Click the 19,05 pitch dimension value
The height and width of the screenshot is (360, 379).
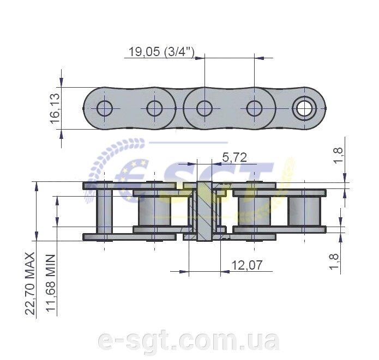coord(143,52)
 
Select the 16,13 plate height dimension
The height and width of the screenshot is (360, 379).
coord(56,108)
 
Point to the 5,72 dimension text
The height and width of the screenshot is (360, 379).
coord(234,158)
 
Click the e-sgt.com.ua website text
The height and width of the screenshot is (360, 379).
coord(188,340)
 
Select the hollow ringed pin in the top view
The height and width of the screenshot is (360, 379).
coord(303,108)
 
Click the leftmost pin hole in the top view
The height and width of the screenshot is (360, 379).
coord(105,108)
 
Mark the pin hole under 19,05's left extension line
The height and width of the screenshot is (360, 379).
coord(204,108)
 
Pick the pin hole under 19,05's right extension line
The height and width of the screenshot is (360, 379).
coord(254,108)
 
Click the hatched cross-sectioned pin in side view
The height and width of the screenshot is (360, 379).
coord(204,211)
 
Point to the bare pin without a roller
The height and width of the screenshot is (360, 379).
coord(105,211)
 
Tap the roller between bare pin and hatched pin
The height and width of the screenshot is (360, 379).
coord(154,211)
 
